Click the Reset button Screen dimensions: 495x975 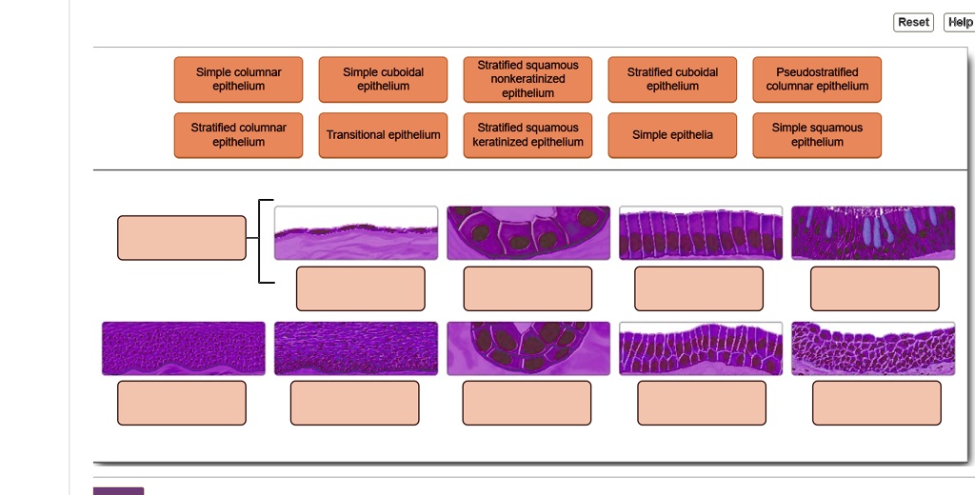(x=913, y=22)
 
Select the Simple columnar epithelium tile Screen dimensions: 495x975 (x=238, y=79)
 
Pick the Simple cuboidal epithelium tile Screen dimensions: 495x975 (x=383, y=79)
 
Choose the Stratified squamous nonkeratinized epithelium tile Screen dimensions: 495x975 (x=527, y=79)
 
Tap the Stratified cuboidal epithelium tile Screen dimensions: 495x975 (x=672, y=79)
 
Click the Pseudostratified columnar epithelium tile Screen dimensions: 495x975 (x=817, y=79)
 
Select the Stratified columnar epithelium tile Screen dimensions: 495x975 (x=238, y=135)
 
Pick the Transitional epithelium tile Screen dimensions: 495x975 (x=383, y=135)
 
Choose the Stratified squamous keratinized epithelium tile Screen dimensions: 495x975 (x=527, y=135)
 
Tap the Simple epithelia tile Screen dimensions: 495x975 (x=672, y=135)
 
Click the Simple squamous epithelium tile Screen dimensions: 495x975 (x=817, y=135)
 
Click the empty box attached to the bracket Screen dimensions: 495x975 (x=182, y=238)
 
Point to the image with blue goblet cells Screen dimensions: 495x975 (x=873, y=232)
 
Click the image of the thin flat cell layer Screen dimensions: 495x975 (x=356, y=232)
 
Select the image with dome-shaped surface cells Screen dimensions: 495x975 (x=873, y=348)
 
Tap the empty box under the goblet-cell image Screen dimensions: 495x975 (x=875, y=288)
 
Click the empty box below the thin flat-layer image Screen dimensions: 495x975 (x=360, y=288)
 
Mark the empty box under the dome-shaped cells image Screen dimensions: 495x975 (x=877, y=403)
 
